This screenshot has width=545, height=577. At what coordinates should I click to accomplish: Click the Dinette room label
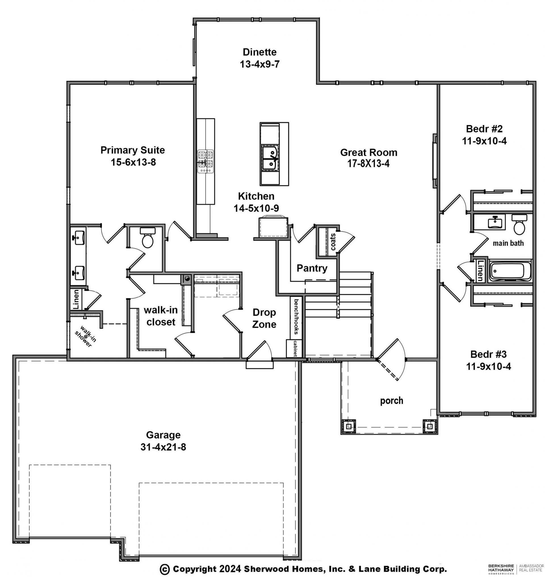259,52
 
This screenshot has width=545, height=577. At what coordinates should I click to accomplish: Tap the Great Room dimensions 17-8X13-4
368,164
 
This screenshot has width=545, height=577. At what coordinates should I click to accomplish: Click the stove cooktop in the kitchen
206,161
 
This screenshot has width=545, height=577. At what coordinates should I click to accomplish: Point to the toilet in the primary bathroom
148,237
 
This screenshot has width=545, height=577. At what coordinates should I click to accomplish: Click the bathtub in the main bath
510,271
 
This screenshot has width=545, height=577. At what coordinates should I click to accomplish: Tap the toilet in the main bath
519,224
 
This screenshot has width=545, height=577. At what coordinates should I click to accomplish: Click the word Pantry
312,268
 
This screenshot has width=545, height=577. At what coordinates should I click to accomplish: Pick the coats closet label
333,242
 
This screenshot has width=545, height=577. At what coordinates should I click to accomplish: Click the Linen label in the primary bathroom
76,299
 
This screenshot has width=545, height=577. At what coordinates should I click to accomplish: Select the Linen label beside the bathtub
481,271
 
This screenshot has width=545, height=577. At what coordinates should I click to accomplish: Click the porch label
392,401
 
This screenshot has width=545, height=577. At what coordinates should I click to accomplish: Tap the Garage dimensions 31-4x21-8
163,447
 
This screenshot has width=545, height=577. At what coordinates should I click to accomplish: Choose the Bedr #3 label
488,354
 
